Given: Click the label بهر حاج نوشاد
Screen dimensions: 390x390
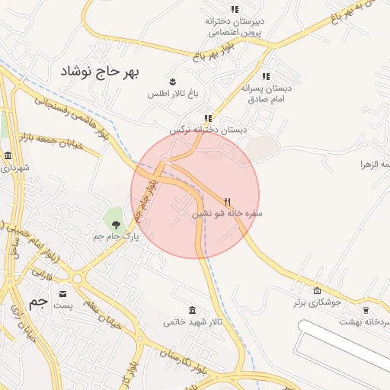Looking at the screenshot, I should tap(102, 71).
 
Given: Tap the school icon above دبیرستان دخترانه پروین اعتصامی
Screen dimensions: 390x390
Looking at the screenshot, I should tap(235, 9).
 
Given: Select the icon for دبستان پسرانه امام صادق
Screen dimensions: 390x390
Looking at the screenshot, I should tap(266, 76).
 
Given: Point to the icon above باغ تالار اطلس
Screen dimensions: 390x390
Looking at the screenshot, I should tap(173, 81).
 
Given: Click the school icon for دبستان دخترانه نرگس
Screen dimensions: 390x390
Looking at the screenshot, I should tap(208, 118).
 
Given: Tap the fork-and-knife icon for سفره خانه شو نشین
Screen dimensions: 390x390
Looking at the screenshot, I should tap(226, 202).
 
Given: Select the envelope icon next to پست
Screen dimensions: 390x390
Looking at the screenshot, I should tap(62, 293).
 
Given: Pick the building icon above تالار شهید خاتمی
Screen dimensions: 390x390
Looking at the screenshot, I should tap(192, 310).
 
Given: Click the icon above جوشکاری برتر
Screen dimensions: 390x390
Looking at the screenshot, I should tap(318, 290).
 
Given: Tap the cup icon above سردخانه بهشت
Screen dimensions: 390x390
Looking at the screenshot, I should tap(366, 310).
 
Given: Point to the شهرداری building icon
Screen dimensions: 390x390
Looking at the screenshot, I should tap(8, 155).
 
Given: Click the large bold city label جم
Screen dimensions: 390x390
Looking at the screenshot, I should tap(38, 302).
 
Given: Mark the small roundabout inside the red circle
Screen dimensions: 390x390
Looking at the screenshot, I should tap(165, 159).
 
